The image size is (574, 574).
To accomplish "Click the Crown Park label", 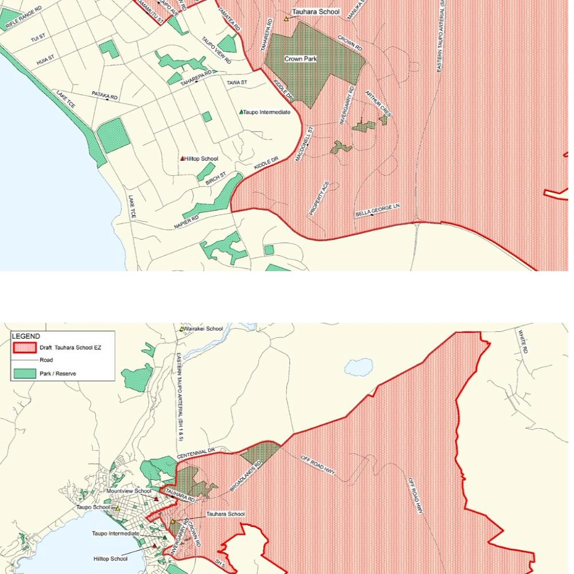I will click(x=300, y=59).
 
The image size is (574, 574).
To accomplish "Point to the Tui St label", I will click(x=38, y=38).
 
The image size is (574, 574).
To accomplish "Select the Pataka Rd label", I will click(x=104, y=96).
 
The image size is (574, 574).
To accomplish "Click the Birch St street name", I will click(x=216, y=178).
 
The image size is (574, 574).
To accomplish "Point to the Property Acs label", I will click(x=319, y=198).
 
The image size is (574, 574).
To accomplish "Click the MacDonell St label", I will click(x=305, y=144).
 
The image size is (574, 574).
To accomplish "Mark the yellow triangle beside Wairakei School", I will click(x=182, y=329).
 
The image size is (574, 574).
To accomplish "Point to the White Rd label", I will click(x=522, y=341).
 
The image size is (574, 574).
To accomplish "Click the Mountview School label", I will click(x=129, y=491).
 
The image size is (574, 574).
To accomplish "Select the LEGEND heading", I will click(x=26, y=336).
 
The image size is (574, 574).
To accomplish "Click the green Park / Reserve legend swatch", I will click(x=24, y=374).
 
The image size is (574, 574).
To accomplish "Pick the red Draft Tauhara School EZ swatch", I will click(x=24, y=347).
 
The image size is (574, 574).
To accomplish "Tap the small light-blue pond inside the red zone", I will click(x=358, y=366).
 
